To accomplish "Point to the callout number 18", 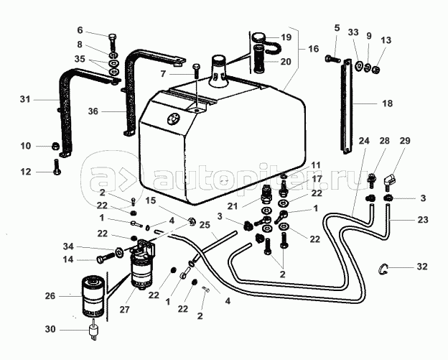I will [387, 103].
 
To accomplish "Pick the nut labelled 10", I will [55, 147].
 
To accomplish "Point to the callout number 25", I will [205, 225].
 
